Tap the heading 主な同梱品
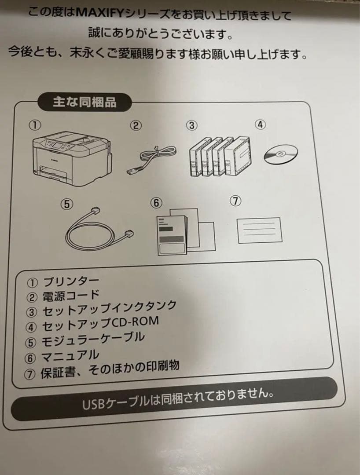click(x=84, y=102)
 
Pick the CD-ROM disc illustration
click(x=281, y=154)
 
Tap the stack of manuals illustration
click(x=185, y=231)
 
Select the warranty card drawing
click(x=259, y=230)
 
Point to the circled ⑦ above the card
click(x=236, y=201)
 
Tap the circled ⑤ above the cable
click(x=66, y=204)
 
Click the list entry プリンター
click(x=70, y=281)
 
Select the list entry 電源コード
click(x=71, y=295)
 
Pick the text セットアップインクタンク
click(x=109, y=308)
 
